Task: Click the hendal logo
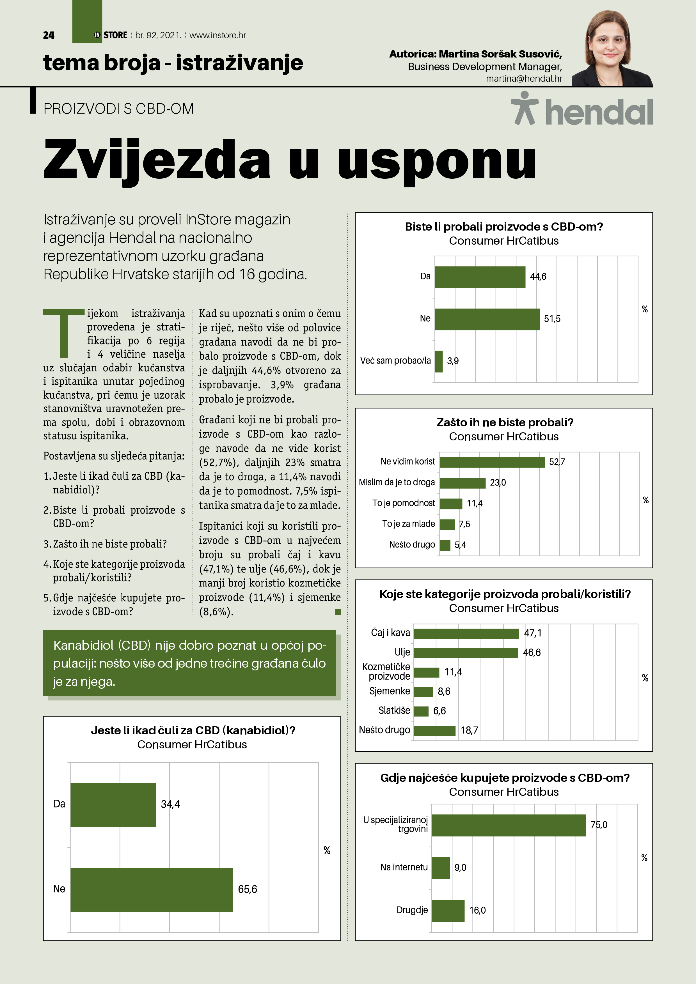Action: (582, 110)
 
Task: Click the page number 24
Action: (49, 35)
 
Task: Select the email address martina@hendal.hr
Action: (524, 79)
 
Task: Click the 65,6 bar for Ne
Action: (151, 889)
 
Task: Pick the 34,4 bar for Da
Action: (113, 804)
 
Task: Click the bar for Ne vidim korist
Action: (492, 462)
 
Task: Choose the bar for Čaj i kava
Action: (466, 633)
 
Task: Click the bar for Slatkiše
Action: (421, 711)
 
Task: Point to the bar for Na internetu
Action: (441, 868)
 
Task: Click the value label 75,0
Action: (599, 825)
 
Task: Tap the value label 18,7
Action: (469, 730)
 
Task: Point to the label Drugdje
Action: (412, 910)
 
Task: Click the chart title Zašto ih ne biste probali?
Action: (505, 422)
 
